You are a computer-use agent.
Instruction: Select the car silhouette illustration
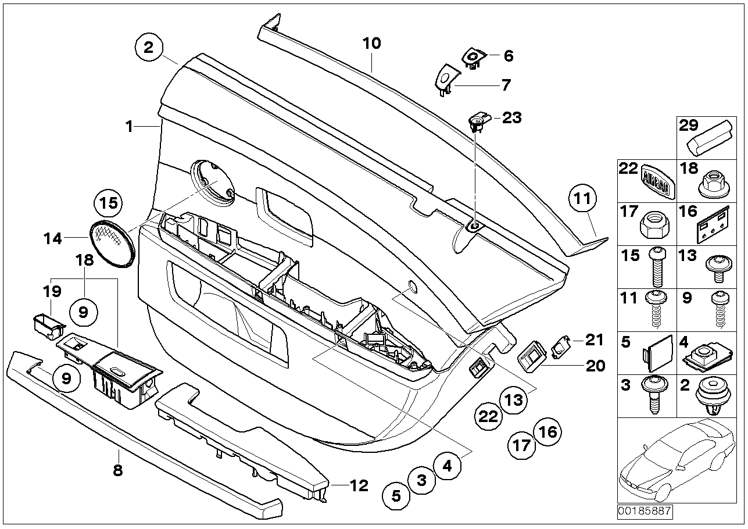(x=677, y=461)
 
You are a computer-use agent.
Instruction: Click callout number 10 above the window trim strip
(x=371, y=44)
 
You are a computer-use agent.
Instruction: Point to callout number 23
(x=512, y=118)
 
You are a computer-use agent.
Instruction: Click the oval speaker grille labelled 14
(x=112, y=245)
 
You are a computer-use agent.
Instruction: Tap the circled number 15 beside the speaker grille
(x=108, y=203)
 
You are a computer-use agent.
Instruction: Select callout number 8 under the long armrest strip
(x=118, y=471)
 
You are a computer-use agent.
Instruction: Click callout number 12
(x=359, y=485)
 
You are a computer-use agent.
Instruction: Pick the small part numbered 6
(x=474, y=60)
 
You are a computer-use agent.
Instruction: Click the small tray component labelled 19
(x=49, y=326)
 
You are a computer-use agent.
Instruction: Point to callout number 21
(x=595, y=340)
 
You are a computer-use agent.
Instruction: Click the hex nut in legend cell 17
(x=655, y=226)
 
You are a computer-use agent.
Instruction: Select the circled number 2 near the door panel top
(x=149, y=48)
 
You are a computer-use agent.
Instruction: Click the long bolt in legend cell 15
(x=657, y=267)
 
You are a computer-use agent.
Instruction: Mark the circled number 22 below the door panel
(x=488, y=416)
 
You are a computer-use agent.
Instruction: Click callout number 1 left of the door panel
(x=129, y=127)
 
